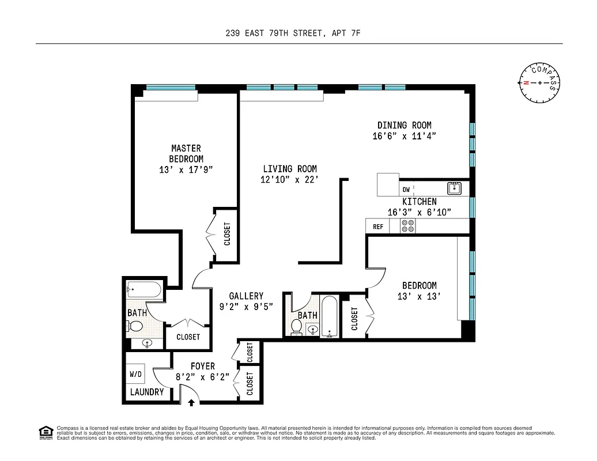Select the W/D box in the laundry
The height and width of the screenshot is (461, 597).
[136, 375]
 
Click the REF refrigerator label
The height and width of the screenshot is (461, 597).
[378, 226]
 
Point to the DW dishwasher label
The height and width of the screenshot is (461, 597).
[406, 189]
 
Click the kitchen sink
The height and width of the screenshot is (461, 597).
[455, 188]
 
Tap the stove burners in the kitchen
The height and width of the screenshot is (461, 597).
[408, 226]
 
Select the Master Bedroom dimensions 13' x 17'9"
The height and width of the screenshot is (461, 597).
[186, 170]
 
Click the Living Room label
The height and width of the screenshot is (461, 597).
[290, 169]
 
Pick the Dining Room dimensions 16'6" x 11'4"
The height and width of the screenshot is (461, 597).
[404, 137]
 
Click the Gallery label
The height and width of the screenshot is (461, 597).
[246, 296]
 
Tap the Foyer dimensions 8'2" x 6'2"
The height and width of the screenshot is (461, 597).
[203, 377]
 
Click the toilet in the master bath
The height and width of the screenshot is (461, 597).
[135, 327]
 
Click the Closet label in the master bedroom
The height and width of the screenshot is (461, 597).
[227, 234]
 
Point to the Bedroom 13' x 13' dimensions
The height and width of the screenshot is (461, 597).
[419, 297]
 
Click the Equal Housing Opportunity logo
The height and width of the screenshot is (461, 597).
[45, 432]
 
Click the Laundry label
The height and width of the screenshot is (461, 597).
[147, 392]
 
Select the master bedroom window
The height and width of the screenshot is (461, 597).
[171, 88]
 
